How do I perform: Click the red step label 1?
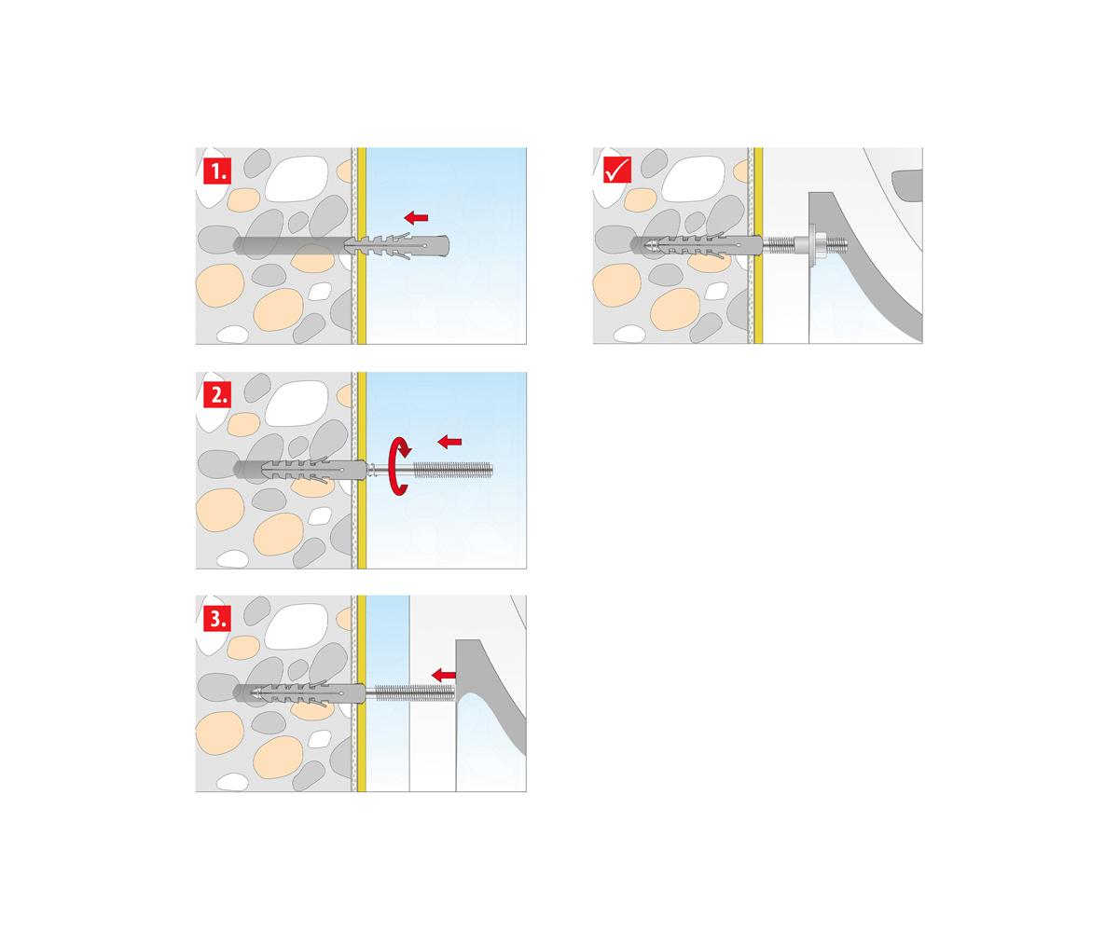(x=217, y=171)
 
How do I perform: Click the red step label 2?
(x=217, y=395)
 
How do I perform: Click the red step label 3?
(x=217, y=619)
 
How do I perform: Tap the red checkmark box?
(x=616, y=170)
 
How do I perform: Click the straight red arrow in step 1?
(x=416, y=217)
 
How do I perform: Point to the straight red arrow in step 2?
(x=449, y=442)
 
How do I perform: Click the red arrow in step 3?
(x=443, y=675)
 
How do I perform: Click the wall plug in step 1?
(x=396, y=246)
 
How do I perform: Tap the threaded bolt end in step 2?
(x=453, y=470)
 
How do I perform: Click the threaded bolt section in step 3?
(x=414, y=692)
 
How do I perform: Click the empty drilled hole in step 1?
(x=289, y=246)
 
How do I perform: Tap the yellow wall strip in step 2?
(x=362, y=471)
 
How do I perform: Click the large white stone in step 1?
(x=297, y=179)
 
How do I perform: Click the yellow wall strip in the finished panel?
(x=758, y=245)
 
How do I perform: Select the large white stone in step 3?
(x=297, y=626)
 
